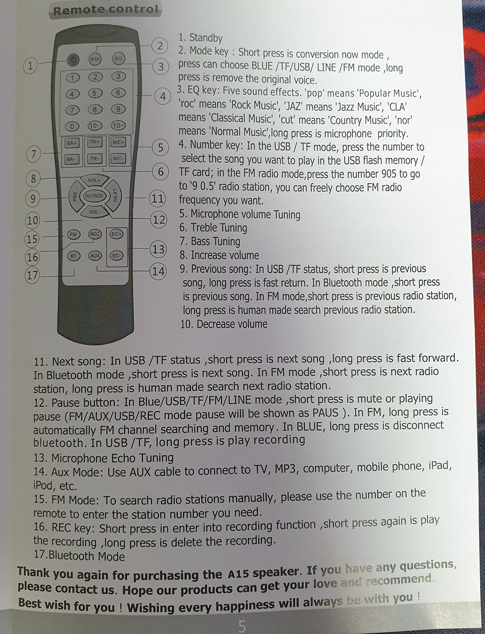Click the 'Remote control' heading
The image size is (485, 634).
pos(106,10)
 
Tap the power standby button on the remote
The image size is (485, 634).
pos(73,60)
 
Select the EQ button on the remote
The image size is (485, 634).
pos(118,58)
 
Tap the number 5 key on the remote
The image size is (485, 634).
pos(94,93)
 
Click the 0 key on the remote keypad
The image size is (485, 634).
pos(72,126)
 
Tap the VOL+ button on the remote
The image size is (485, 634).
pos(94,180)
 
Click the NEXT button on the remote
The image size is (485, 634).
pos(114,195)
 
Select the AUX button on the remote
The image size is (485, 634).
pos(95,256)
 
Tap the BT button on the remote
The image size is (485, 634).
pos(73,256)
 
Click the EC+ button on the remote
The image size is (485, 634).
pos(116,234)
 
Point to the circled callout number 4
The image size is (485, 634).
pos(163,97)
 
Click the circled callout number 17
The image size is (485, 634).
pos(32,275)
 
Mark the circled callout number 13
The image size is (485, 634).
pos(158,250)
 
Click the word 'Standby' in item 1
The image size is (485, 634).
pos(206,38)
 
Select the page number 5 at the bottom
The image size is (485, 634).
pos(242,626)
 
